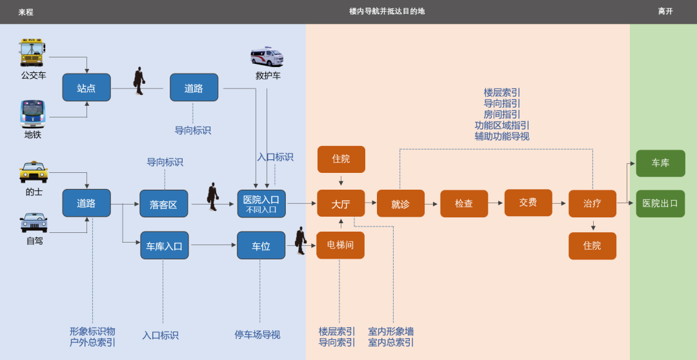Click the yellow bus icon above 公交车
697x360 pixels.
click(x=32, y=52)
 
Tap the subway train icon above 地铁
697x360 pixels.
click(x=32, y=114)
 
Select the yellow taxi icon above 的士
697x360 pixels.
click(x=34, y=172)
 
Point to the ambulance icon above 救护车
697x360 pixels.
click(x=267, y=57)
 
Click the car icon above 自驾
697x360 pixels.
click(x=34, y=223)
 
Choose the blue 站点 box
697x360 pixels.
click(x=86, y=88)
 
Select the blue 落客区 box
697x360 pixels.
click(x=164, y=204)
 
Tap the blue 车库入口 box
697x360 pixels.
click(x=165, y=246)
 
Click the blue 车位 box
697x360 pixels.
click(x=261, y=246)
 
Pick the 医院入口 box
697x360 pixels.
click(x=261, y=203)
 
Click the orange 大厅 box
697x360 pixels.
click(x=341, y=204)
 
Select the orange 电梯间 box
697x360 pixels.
click(x=340, y=245)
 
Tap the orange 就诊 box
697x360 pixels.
click(x=400, y=204)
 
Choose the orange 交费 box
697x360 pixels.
click(x=528, y=203)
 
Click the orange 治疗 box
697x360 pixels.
click(x=592, y=203)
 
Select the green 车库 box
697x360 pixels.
click(x=660, y=163)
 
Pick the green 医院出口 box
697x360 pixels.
click(x=660, y=203)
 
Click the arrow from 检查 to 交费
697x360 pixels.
click(x=496, y=203)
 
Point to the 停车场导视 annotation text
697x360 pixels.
click(x=258, y=335)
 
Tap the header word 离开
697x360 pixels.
click(x=665, y=12)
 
